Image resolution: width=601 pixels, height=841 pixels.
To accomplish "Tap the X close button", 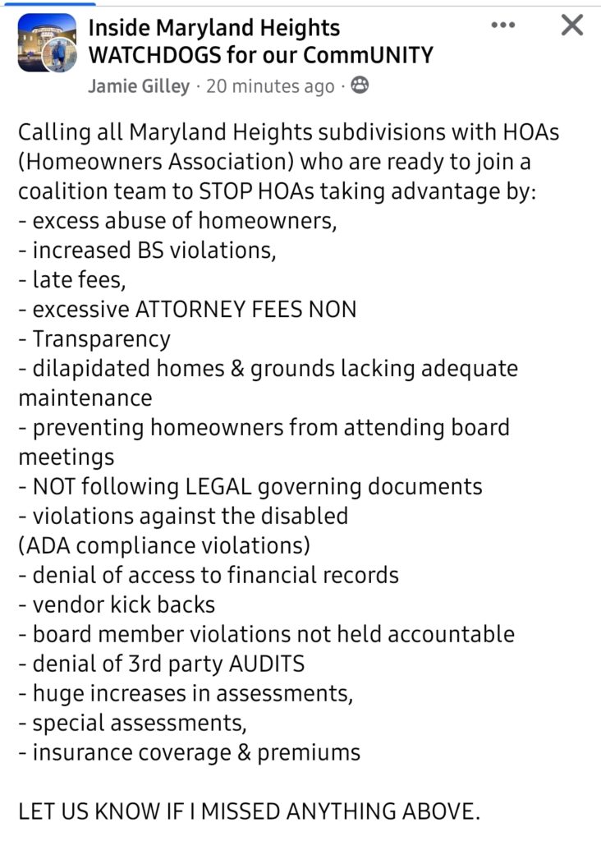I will pyautogui.click(x=571, y=25).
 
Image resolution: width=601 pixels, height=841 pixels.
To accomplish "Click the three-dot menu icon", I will pyautogui.click(x=502, y=25).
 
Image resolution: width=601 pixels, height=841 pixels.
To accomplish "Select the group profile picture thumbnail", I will pyautogui.click(x=47, y=43).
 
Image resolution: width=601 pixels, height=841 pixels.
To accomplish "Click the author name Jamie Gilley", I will pyautogui.click(x=139, y=86).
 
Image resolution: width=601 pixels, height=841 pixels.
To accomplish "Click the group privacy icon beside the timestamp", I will pyautogui.click(x=360, y=85).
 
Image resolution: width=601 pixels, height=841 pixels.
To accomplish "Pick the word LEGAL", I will pyautogui.click(x=216, y=486).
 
